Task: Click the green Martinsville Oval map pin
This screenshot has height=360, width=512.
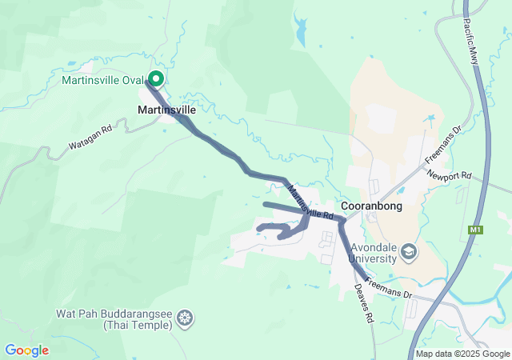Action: point(156,79)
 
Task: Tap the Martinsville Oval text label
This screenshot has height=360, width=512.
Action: point(102,80)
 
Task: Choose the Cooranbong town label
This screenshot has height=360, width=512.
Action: point(371,206)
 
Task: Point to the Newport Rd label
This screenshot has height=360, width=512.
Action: point(450,175)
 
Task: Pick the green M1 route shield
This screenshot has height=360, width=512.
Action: point(477,230)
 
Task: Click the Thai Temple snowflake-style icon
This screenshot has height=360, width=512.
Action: point(185,319)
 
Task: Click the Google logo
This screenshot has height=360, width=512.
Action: point(27,350)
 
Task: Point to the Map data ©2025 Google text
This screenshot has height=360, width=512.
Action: point(462,354)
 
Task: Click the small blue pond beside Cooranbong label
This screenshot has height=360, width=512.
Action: point(400,192)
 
